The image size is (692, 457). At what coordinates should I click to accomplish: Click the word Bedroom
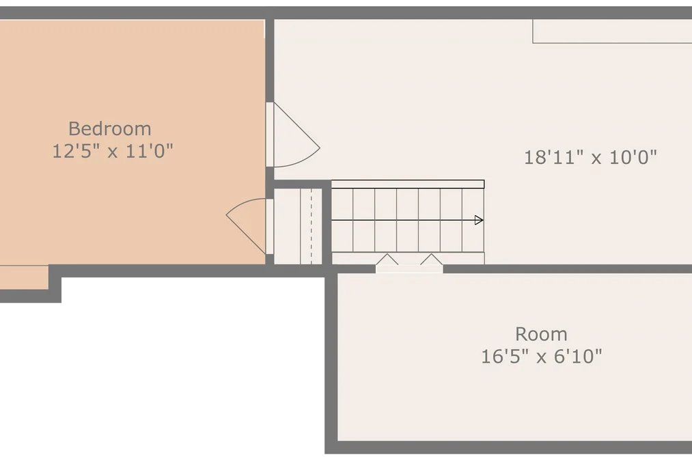[110, 129]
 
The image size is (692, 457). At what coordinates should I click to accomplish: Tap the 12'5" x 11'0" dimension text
[113, 151]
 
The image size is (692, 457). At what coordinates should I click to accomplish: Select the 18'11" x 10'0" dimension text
[590, 157]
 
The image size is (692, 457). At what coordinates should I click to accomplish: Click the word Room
[541, 334]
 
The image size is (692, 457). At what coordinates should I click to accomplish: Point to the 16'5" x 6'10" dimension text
[541, 357]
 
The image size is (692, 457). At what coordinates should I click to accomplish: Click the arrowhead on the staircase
[479, 220]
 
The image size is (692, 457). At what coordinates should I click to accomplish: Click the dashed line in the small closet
[311, 226]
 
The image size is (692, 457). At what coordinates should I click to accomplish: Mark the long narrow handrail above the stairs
[408, 184]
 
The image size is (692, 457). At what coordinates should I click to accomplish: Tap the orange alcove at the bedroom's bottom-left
[25, 277]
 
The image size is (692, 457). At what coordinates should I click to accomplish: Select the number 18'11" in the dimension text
[553, 157]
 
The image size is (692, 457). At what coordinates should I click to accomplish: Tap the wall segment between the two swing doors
[270, 183]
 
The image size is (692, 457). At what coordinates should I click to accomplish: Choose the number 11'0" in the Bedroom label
[149, 151]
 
